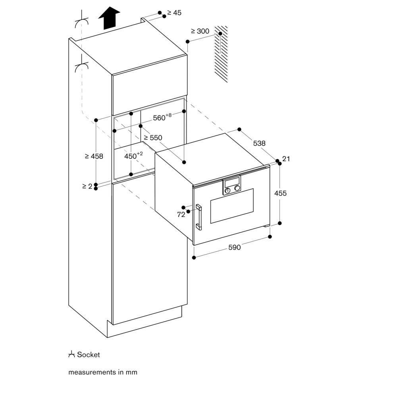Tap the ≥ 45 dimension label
[174, 13]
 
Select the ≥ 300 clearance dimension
[200, 31]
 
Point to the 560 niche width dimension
[162, 117]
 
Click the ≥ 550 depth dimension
[153, 138]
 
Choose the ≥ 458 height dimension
[94, 156]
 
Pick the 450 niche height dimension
[133, 156]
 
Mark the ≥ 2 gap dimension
[87, 186]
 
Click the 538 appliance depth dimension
[259, 143]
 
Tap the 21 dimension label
[286, 159]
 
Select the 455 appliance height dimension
[281, 193]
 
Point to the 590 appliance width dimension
[235, 247]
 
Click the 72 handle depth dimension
[181, 215]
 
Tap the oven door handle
[198, 217]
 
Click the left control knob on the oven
[227, 191]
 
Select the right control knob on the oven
[237, 188]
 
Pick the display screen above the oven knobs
[232, 182]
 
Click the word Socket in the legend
[89, 355]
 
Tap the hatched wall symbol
[221, 54]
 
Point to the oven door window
[232, 206]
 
